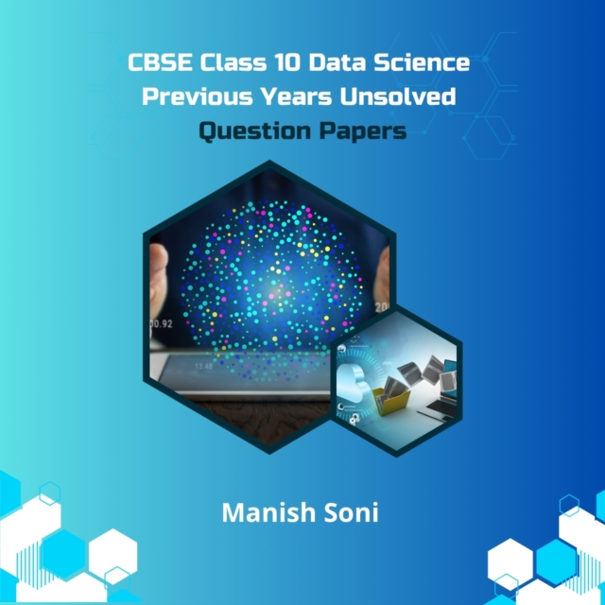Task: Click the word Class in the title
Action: coord(213,64)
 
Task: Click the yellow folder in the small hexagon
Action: coord(388,397)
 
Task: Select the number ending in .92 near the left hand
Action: coord(161,323)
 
